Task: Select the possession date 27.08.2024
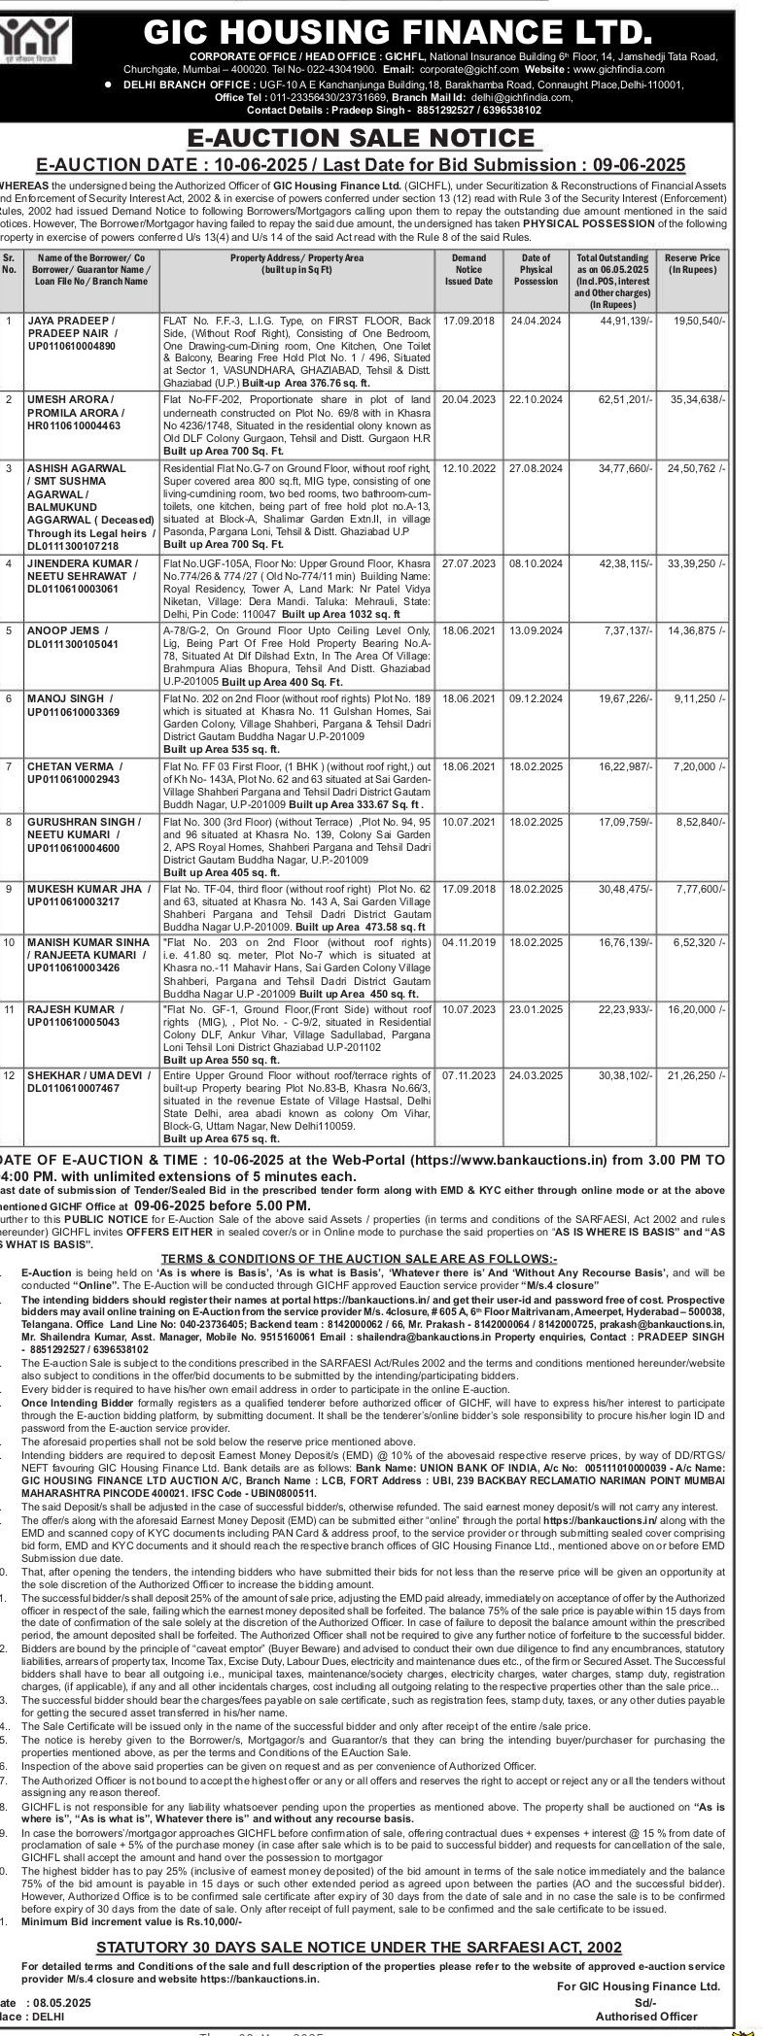click(x=536, y=468)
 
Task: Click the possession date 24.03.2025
click(x=536, y=1076)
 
